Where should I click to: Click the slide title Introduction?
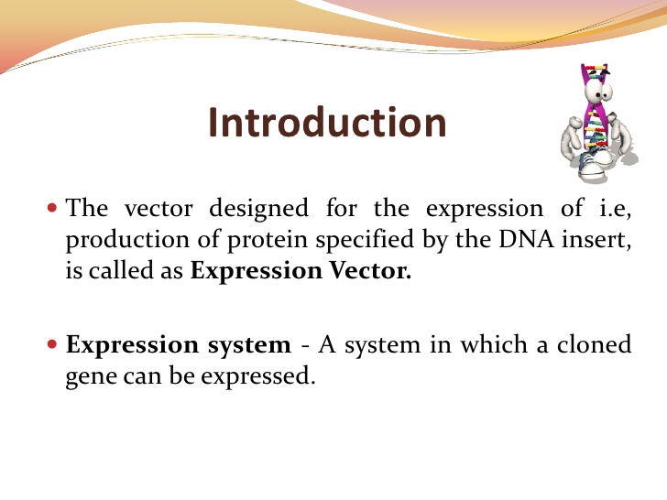click(x=327, y=123)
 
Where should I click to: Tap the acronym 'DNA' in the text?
click(x=499, y=239)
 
